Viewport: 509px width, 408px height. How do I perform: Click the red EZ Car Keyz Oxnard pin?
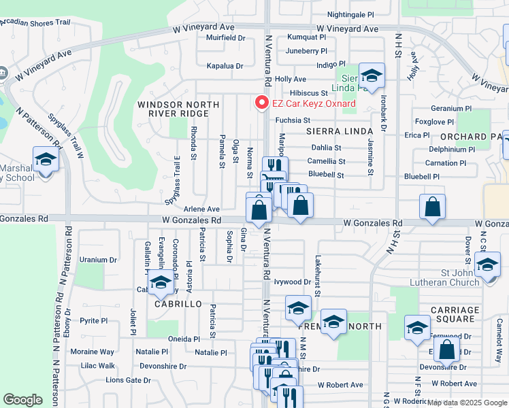point(260,103)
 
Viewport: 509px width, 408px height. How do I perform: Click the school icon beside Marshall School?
point(46,160)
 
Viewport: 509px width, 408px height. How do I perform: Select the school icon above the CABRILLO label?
point(161,283)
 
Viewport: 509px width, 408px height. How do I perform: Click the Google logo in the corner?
point(22,400)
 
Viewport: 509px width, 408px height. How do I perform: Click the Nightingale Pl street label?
point(350,14)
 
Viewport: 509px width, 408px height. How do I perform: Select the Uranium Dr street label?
point(98,260)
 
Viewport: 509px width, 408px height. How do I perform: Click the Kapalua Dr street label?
point(225,66)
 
